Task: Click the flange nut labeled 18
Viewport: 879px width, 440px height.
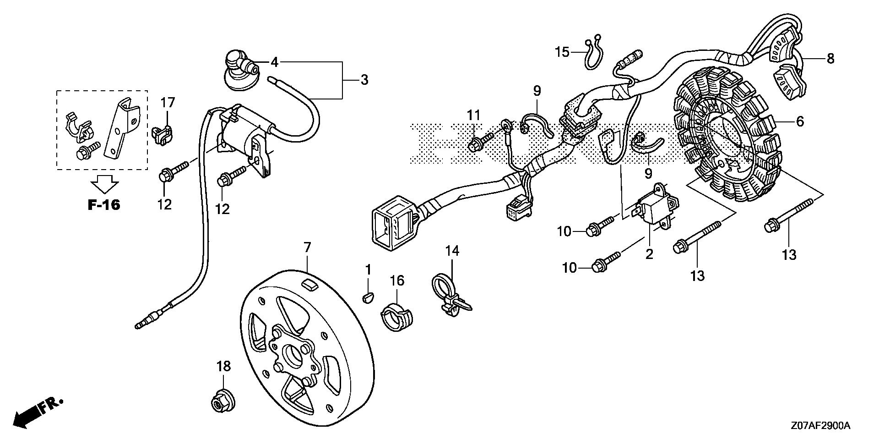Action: coord(222,402)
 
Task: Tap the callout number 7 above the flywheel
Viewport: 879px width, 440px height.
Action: coord(307,248)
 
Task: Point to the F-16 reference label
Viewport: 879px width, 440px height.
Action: coord(104,204)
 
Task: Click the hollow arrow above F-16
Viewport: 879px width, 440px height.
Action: coord(104,184)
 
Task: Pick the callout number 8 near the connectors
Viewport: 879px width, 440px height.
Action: coord(830,59)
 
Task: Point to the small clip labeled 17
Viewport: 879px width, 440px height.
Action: coord(163,135)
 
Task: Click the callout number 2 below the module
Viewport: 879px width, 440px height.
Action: coord(649,253)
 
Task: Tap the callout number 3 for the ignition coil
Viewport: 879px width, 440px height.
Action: coord(364,80)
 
